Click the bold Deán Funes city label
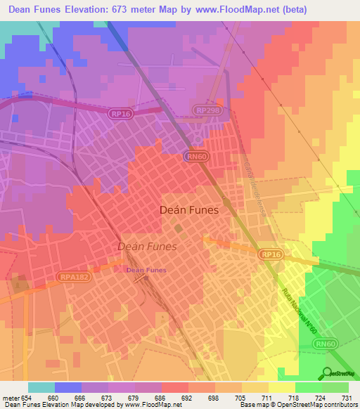(x=189, y=210)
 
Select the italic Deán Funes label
(x=147, y=247)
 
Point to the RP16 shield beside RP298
(x=120, y=112)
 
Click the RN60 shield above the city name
(x=196, y=157)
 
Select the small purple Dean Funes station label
(x=145, y=269)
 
